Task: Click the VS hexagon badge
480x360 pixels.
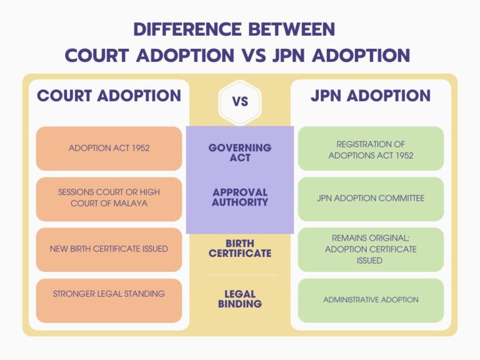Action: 240,102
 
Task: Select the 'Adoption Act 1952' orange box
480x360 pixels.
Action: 109,149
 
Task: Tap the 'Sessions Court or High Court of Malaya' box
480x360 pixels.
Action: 109,199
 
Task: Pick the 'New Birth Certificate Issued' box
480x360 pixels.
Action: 109,249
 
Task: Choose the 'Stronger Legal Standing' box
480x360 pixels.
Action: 109,301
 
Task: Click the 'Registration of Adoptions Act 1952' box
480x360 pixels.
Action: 371,149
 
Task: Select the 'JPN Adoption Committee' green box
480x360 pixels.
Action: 371,199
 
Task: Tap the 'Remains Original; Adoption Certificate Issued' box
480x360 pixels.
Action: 371,249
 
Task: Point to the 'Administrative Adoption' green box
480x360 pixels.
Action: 371,301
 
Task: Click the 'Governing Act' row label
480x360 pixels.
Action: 240,152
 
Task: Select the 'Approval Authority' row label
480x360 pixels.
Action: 240,197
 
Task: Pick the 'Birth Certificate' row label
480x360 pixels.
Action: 240,248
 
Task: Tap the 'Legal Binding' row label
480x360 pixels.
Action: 240,299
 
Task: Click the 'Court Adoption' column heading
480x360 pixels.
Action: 109,96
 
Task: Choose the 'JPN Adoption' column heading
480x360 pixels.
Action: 371,96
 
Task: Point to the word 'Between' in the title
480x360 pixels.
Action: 292,29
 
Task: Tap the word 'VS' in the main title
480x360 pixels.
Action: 253,56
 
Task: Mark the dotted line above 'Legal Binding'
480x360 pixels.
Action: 241,275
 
